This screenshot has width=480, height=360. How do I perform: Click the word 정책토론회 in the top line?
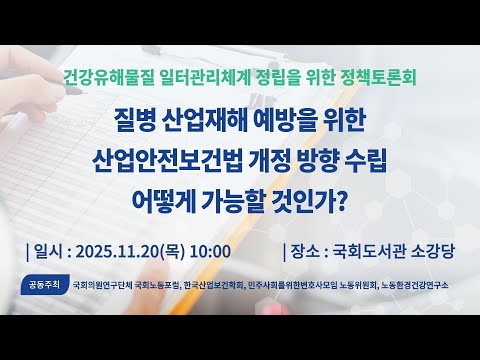tap(377, 75)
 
